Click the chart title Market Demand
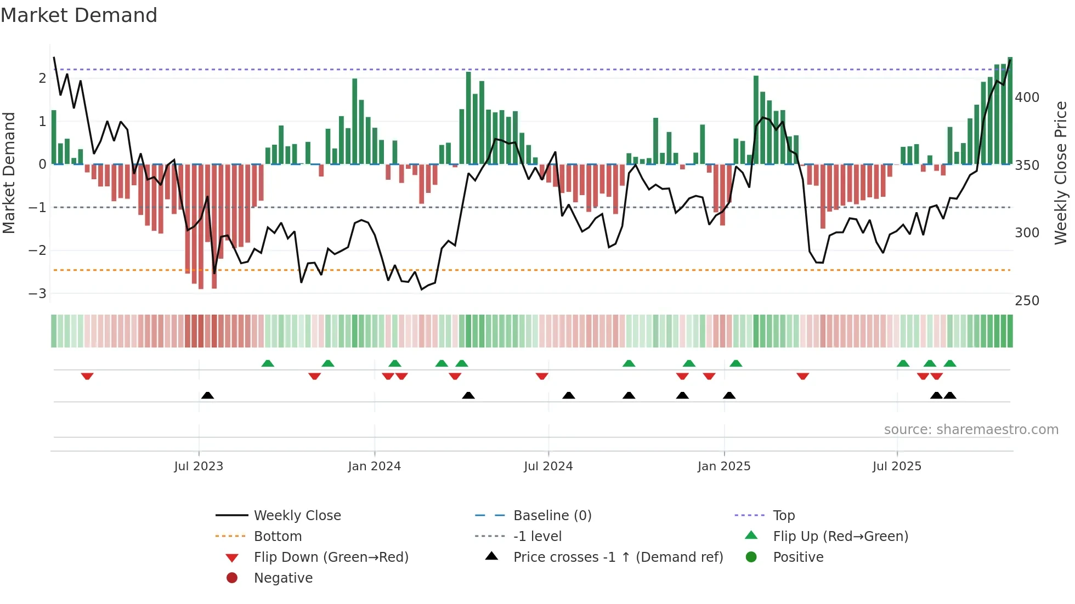click(x=79, y=15)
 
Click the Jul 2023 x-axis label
click(x=199, y=466)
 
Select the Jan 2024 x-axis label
click(x=375, y=466)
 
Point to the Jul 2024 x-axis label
click(x=548, y=466)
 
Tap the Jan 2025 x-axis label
click(x=724, y=466)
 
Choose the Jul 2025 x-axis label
click(x=897, y=466)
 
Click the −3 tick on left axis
click(x=38, y=293)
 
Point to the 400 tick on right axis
click(x=1027, y=98)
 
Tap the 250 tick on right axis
click(x=1027, y=301)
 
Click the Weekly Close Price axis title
click(x=1061, y=173)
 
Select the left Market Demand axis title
click(x=9, y=173)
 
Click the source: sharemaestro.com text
click(x=971, y=430)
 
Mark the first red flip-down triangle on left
click(x=87, y=376)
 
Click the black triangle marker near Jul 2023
click(x=207, y=395)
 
